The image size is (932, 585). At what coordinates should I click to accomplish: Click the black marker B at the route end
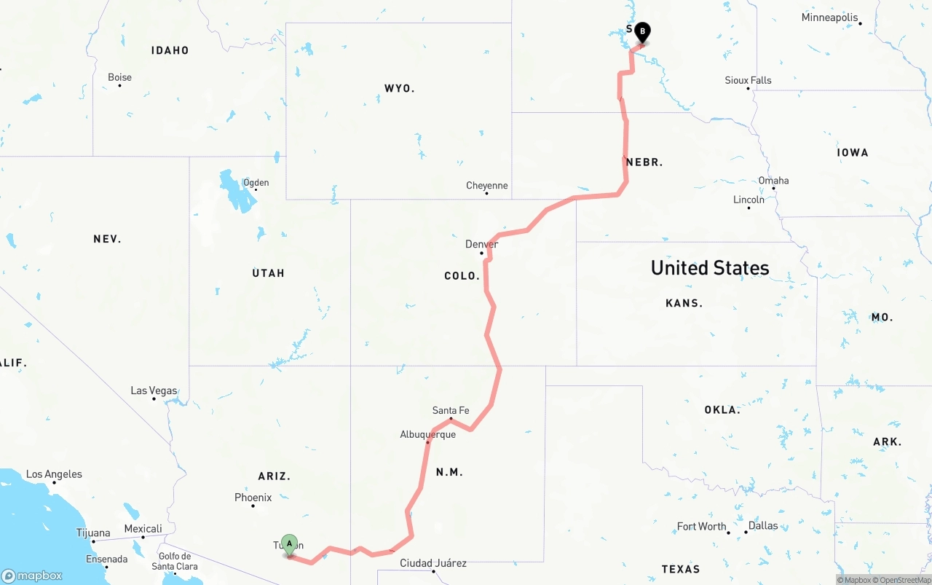642,31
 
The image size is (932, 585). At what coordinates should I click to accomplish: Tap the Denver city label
481,244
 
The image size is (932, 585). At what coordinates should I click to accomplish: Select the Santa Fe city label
451,410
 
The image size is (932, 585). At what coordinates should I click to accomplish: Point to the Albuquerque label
427,434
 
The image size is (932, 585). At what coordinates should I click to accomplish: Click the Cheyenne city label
486,186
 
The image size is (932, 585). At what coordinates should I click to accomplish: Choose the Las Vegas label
154,390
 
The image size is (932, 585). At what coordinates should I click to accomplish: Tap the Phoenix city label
253,498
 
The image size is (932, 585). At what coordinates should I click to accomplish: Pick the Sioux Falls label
748,80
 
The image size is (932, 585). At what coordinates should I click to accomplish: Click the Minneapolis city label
829,17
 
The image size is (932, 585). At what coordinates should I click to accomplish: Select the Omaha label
773,181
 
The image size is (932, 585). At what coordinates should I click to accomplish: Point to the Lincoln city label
749,200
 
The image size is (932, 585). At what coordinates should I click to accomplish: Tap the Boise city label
119,77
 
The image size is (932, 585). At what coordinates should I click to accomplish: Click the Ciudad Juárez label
433,563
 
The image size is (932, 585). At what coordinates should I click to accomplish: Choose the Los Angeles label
54,474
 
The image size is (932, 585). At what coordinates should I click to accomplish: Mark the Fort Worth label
701,526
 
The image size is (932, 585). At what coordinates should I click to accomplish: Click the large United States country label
710,268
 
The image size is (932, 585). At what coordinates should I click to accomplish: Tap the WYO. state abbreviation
399,88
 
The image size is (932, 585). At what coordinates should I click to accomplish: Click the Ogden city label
256,183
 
